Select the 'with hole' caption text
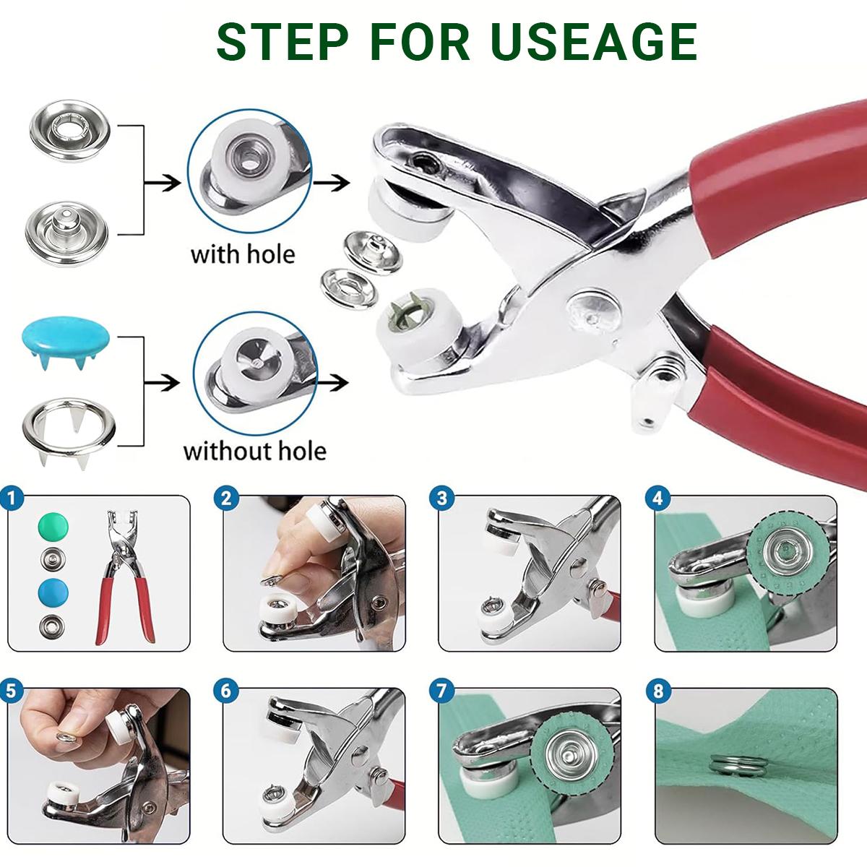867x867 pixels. (243, 254)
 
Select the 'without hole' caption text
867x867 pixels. (254, 452)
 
